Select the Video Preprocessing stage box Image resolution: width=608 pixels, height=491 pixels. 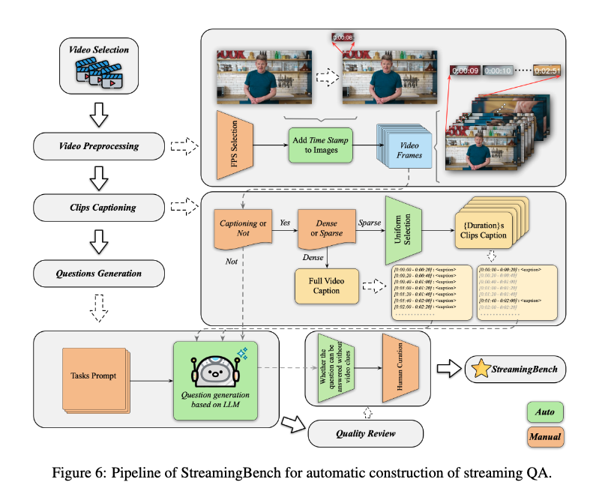100,145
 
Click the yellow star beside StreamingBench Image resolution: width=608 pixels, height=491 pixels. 481,369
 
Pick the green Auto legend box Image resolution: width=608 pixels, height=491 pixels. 544,412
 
